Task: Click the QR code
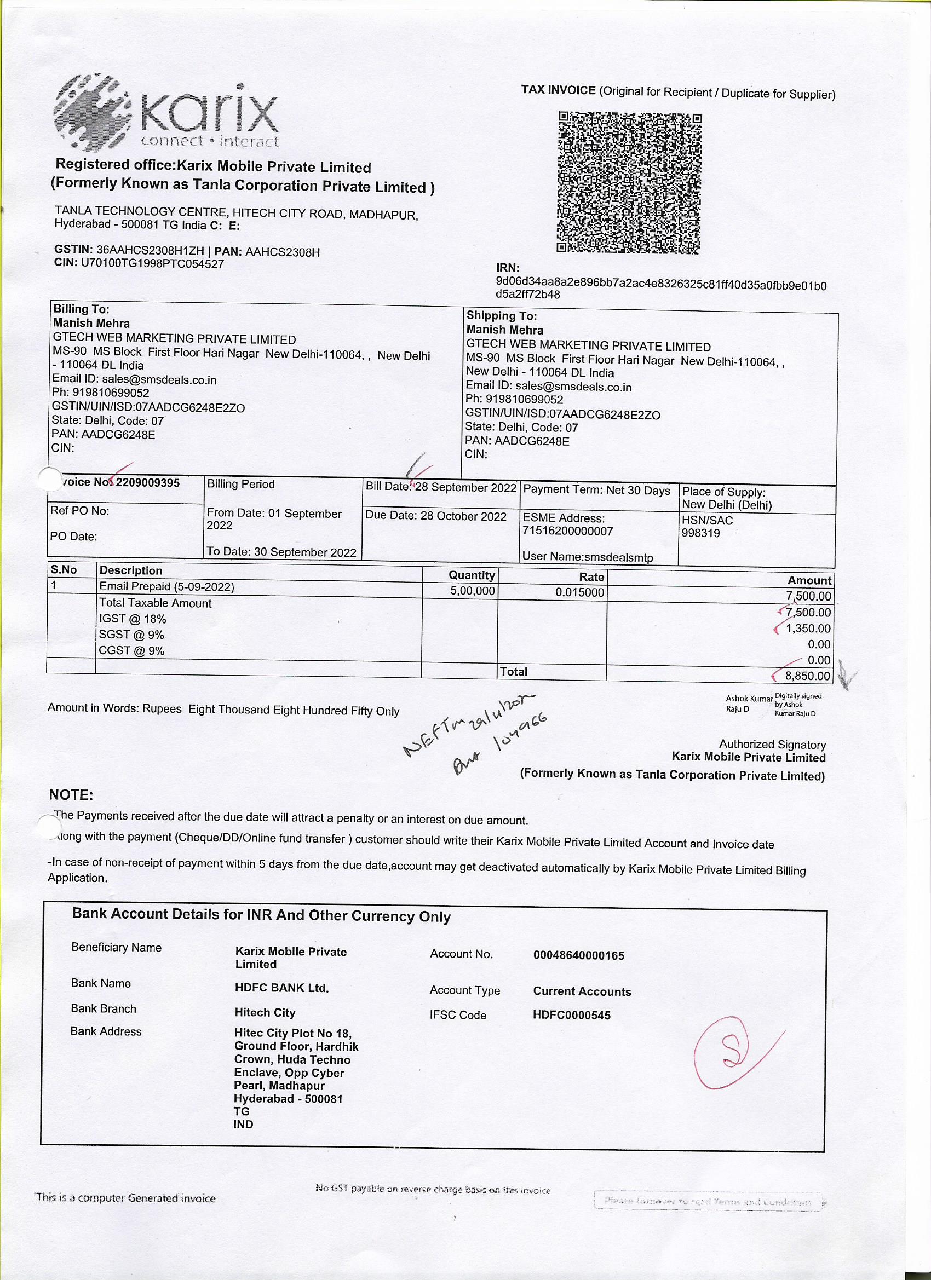click(x=629, y=182)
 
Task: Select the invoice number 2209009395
click(x=147, y=483)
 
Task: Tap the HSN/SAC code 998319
click(x=700, y=533)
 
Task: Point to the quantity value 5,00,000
click(x=472, y=591)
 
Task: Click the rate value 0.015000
click(x=579, y=592)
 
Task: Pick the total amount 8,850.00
click(x=807, y=676)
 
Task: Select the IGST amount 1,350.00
click(x=808, y=628)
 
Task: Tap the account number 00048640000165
click(x=579, y=955)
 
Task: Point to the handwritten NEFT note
click(x=474, y=733)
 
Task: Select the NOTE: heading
click(x=71, y=794)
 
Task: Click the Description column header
click(x=131, y=570)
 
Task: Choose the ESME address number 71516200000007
click(x=567, y=531)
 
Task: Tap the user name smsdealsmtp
click(x=619, y=557)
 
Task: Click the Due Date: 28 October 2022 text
click(x=435, y=516)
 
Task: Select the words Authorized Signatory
click(x=772, y=745)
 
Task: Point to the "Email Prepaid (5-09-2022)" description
click(x=166, y=587)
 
